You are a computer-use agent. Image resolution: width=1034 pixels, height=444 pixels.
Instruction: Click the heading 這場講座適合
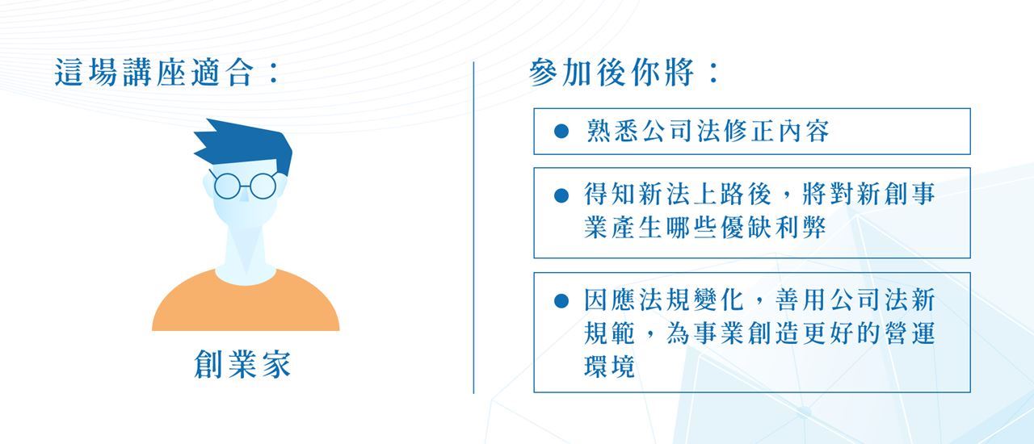[154, 72]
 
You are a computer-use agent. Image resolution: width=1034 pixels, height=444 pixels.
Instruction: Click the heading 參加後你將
[612, 73]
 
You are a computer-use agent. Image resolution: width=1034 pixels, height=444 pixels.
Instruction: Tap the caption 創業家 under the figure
[243, 364]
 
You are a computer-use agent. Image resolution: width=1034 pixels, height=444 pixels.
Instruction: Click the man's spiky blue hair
[245, 145]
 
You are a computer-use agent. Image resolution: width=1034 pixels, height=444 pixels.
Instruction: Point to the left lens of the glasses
[227, 186]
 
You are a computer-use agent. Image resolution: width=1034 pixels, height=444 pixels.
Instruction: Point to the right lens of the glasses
[263, 186]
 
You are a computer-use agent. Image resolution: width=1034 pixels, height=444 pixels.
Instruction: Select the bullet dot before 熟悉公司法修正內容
[561, 132]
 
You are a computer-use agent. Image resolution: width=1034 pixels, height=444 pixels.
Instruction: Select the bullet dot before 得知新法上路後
[561, 195]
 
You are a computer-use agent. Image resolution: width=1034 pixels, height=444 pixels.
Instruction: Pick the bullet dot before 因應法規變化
[561, 301]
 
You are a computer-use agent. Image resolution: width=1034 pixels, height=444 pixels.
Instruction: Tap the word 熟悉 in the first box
[612, 131]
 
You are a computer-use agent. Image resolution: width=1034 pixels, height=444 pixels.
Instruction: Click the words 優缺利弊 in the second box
[773, 228]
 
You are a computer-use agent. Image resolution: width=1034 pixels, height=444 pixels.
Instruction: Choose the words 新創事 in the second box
[896, 194]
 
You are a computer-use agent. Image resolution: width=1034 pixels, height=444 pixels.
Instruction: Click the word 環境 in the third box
[609, 367]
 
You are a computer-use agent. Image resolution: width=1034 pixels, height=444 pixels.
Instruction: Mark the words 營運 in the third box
[910, 333]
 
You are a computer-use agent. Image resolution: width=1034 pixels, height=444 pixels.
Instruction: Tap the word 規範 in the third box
[609, 333]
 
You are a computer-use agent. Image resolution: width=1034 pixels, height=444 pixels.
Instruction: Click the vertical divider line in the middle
[473, 228]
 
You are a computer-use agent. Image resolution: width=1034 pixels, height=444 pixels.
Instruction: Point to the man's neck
[246, 249]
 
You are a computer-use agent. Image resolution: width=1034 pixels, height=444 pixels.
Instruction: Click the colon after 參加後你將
[714, 73]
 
